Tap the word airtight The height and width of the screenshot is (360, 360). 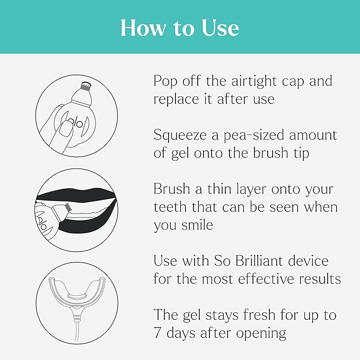tap(248, 81)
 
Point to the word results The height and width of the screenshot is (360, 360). tap(320, 279)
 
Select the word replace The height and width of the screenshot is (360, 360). tap(177, 100)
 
